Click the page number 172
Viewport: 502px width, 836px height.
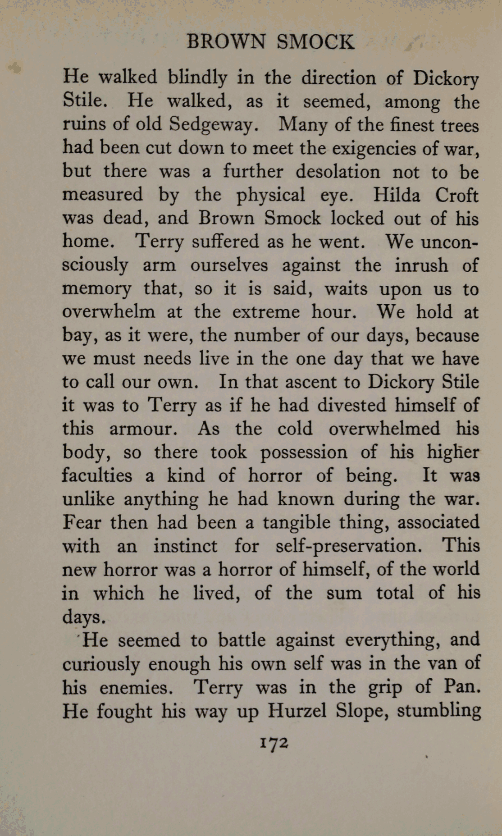274,742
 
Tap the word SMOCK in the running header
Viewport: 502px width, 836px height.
315,42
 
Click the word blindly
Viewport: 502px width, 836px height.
197,78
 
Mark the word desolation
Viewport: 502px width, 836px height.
338,172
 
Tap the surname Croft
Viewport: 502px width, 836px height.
456,195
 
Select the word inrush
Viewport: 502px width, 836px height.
421,265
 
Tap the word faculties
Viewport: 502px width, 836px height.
97,475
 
